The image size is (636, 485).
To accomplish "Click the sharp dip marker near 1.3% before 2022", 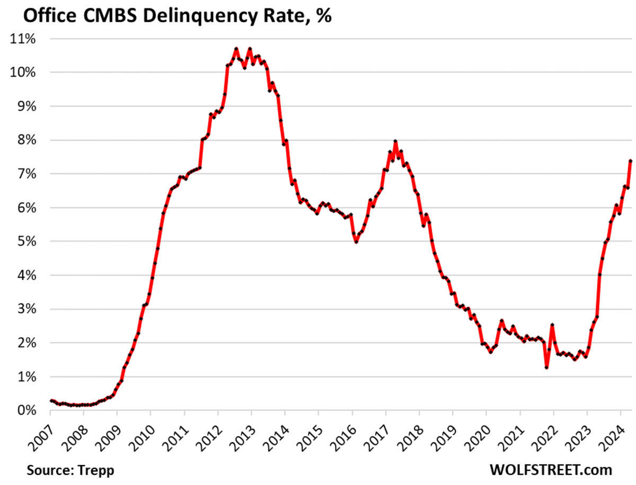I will tap(546, 367).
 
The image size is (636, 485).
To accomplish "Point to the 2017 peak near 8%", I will tap(395, 141).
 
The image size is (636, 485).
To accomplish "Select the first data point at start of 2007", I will tap(51, 400).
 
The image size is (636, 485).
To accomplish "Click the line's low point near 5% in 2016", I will tap(356, 242).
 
